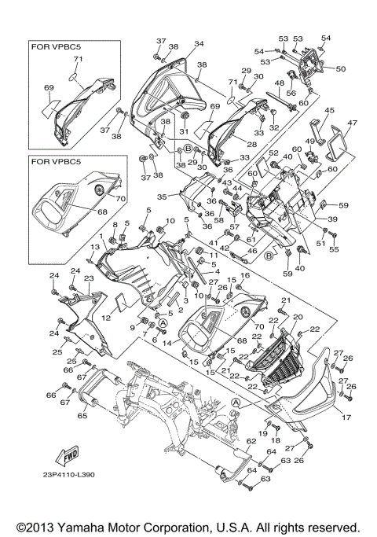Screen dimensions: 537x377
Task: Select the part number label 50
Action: [x=340, y=69]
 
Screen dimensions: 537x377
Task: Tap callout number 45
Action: [x=330, y=110]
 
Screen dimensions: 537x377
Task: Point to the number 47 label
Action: [x=353, y=123]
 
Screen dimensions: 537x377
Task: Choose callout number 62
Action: [x=229, y=442]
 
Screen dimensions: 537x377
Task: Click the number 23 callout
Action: [x=89, y=278]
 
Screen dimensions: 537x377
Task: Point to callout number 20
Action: [x=296, y=317]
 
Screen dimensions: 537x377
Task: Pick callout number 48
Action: [x=278, y=83]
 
